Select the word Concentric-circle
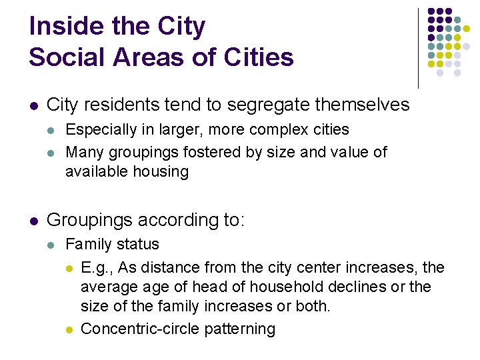point(139,329)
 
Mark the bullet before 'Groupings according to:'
point(33,221)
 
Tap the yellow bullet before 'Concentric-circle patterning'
point(69,329)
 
